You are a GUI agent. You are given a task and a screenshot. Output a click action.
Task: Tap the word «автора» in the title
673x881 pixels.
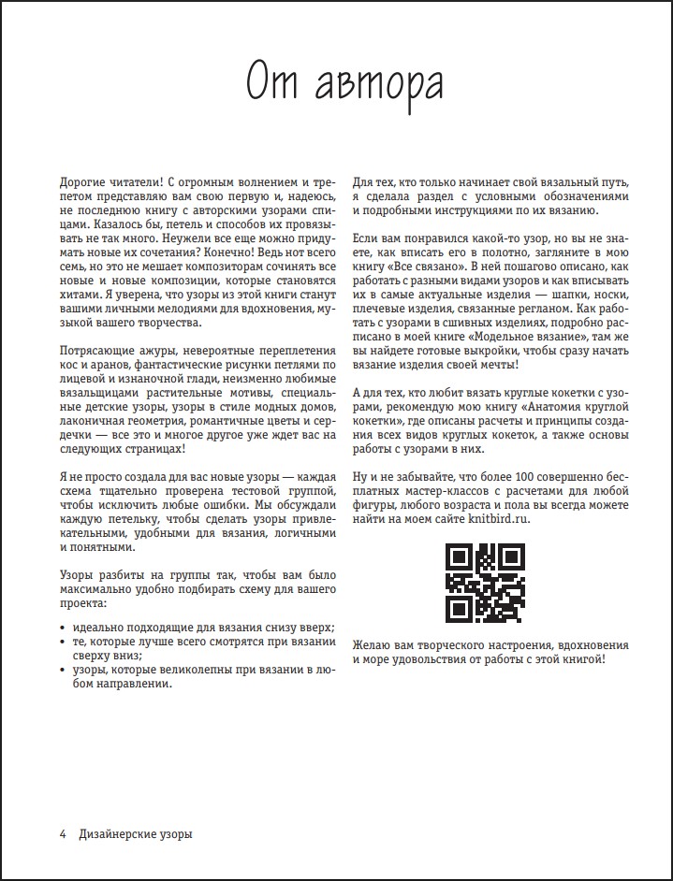point(378,84)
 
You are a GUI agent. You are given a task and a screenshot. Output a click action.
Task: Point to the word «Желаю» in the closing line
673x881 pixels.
point(371,646)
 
